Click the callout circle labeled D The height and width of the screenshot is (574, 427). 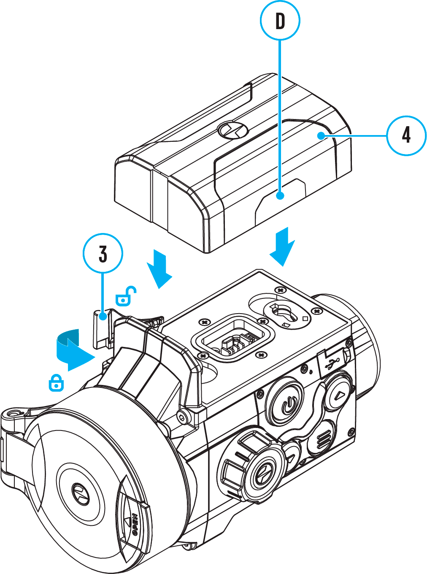point(280,20)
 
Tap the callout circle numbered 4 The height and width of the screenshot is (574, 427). point(406,135)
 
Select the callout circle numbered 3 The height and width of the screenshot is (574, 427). point(103,254)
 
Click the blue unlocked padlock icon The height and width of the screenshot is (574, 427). point(125,296)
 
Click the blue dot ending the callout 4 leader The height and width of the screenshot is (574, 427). point(321,135)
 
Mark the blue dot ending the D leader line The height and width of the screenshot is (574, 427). point(280,195)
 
